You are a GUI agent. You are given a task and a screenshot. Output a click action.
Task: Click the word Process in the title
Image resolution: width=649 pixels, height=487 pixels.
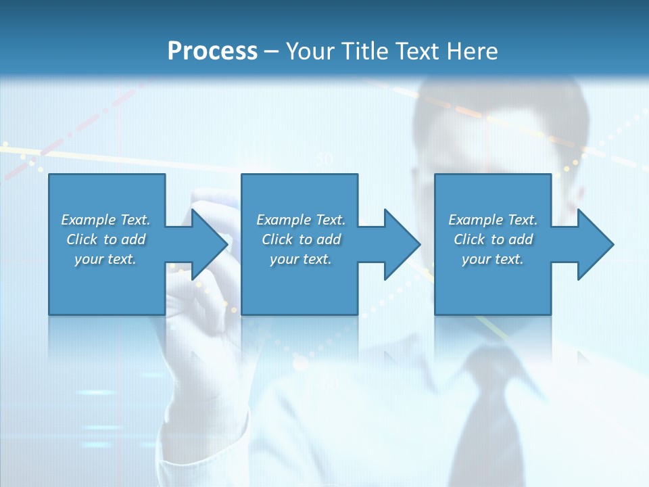tap(212, 51)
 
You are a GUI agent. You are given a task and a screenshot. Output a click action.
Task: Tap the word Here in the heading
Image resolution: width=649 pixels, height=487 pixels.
tap(473, 51)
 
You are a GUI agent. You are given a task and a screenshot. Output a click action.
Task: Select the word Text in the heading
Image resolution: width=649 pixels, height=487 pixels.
tap(419, 51)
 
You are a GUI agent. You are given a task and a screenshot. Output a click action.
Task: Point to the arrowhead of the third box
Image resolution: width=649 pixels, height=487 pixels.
tap(594, 244)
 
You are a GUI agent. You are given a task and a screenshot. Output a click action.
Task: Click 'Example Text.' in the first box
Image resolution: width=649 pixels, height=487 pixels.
tap(105, 220)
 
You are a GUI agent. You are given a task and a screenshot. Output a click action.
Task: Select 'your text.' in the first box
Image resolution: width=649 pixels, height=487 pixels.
tap(105, 259)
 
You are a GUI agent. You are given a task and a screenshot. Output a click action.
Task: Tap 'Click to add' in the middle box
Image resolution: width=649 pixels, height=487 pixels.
tap(301, 239)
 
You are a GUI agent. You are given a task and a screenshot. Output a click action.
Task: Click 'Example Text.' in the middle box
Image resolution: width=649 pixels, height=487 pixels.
tap(301, 220)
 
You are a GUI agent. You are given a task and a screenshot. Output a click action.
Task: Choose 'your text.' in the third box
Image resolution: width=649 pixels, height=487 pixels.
tap(493, 259)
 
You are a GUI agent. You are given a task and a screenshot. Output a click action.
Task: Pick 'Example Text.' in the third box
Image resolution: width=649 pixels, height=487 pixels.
tap(493, 220)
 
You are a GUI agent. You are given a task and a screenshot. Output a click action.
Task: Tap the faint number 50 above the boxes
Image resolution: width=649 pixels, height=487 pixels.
tap(324, 160)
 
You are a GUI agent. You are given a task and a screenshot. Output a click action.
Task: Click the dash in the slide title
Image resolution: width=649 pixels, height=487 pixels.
tap(272, 51)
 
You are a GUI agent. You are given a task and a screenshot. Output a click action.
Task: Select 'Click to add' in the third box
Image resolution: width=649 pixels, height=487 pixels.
tap(493, 239)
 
